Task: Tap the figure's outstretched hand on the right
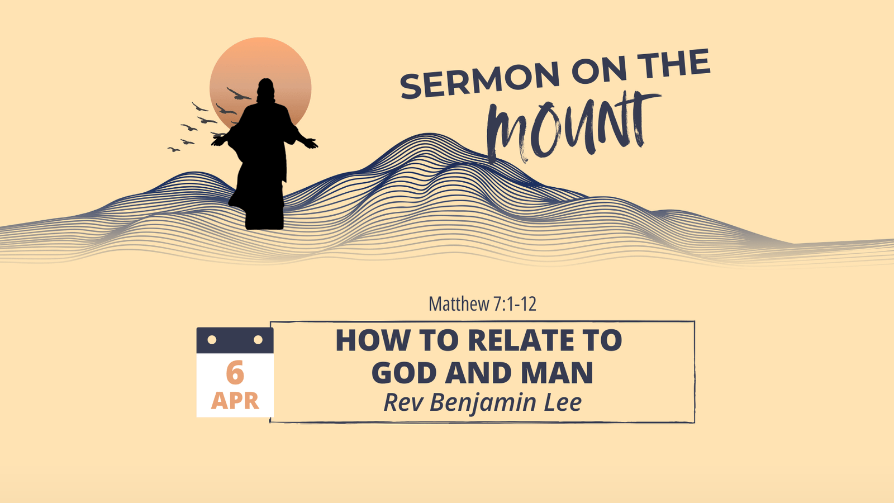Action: [311, 143]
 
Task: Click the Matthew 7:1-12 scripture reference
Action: [482, 304]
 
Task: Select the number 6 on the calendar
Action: [235, 372]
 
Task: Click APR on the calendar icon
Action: [235, 401]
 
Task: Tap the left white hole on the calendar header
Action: [212, 340]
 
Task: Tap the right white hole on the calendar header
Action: [258, 340]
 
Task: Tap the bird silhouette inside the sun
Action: [239, 94]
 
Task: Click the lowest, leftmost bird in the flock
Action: [174, 149]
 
